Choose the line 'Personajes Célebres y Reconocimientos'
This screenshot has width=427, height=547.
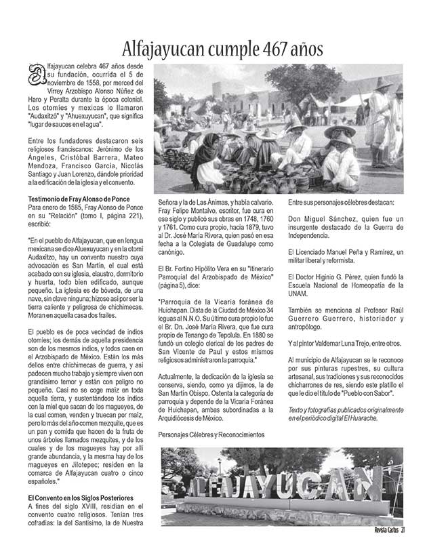click(211, 434)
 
